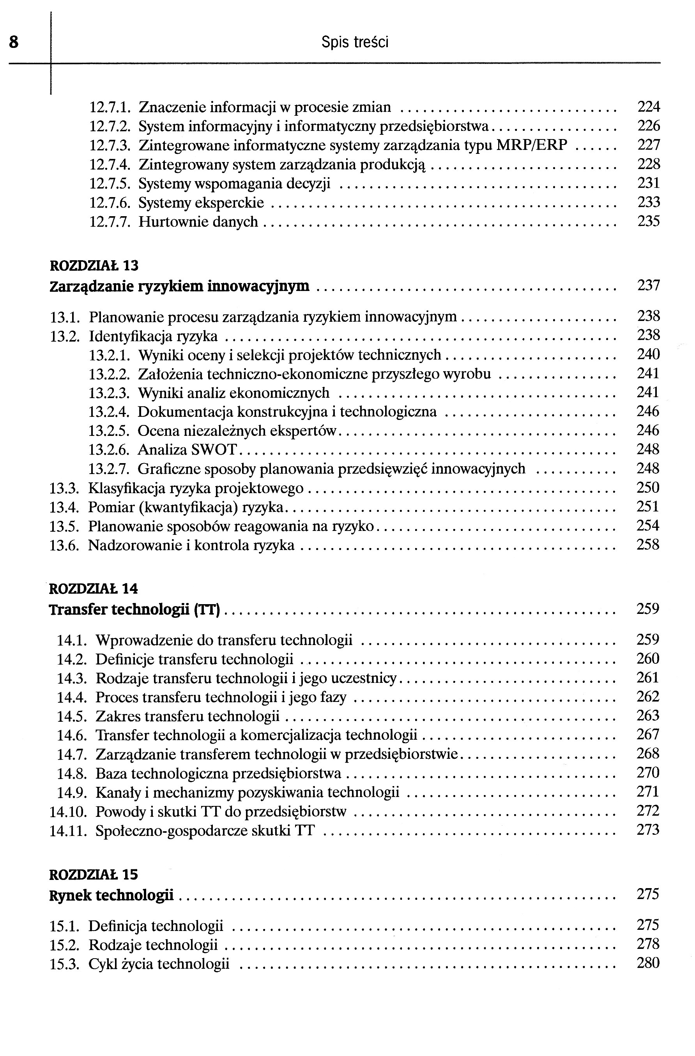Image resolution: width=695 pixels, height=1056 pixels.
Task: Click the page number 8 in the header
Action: (14, 42)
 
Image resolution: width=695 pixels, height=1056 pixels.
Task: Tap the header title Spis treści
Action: (354, 42)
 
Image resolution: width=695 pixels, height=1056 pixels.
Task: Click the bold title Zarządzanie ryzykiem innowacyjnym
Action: (179, 286)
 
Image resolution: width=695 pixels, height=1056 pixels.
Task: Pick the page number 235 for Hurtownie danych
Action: (648, 221)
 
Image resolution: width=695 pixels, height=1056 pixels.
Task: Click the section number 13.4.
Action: (64, 507)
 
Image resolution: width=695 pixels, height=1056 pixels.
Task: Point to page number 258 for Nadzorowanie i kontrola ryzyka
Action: (647, 545)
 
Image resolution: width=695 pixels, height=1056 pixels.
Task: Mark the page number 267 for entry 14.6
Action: (647, 735)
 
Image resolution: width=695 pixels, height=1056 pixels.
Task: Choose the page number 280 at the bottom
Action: (647, 963)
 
